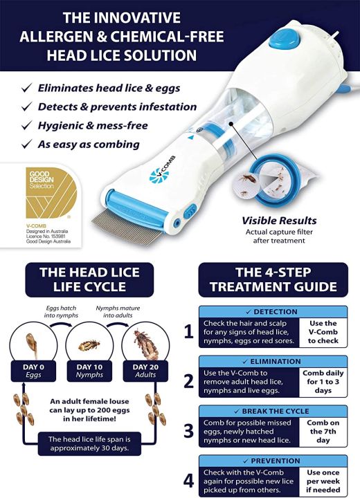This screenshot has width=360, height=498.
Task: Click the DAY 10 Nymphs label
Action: coord(89,372)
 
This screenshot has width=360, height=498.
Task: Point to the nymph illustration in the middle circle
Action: coord(89,344)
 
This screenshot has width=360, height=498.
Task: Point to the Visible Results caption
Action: coord(269,220)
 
